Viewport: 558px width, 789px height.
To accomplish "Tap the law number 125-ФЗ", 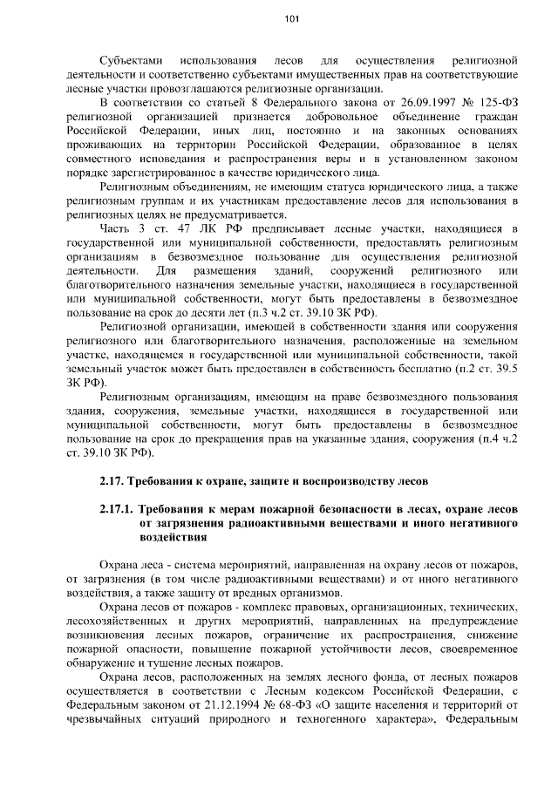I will [x=494, y=103].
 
